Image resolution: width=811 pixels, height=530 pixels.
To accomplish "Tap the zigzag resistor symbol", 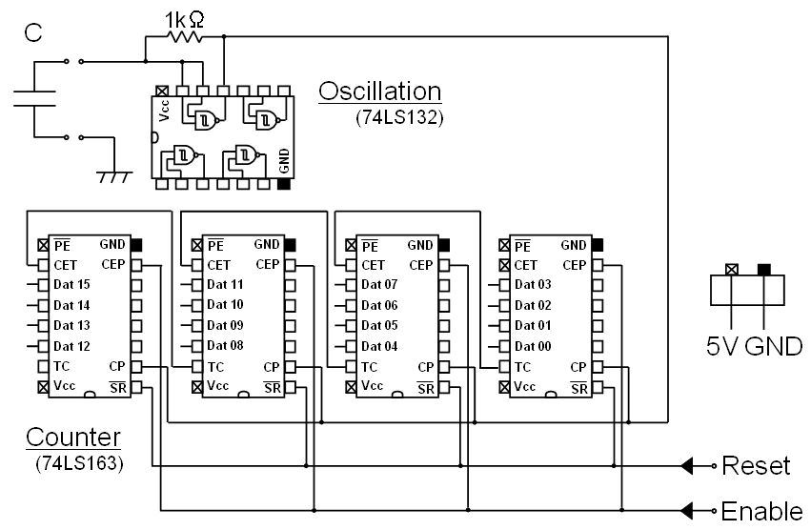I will (x=184, y=38).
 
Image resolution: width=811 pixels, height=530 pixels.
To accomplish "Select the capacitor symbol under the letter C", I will (x=35, y=98).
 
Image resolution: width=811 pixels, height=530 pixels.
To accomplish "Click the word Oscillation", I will (x=380, y=92).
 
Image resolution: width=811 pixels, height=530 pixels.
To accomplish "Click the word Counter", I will (x=73, y=438).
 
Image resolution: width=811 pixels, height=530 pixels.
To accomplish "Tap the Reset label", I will (x=756, y=466).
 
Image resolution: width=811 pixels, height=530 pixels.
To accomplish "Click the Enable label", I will (x=761, y=510).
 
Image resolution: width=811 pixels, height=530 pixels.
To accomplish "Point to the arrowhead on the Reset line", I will (x=686, y=466).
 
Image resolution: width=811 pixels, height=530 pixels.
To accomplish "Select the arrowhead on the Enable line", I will (x=686, y=509).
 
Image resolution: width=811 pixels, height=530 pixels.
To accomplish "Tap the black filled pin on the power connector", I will (x=763, y=270).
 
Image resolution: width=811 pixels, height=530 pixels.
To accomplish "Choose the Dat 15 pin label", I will (x=71, y=285).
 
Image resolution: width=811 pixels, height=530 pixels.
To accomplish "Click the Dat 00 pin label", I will (x=533, y=346).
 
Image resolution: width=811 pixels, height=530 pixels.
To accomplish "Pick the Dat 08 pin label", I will (x=225, y=346).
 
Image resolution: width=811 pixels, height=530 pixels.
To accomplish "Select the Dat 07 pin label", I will (x=379, y=285).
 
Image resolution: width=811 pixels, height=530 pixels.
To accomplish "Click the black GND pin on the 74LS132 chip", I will (x=283, y=183).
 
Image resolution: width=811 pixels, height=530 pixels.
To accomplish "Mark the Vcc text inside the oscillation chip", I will (x=164, y=113).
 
